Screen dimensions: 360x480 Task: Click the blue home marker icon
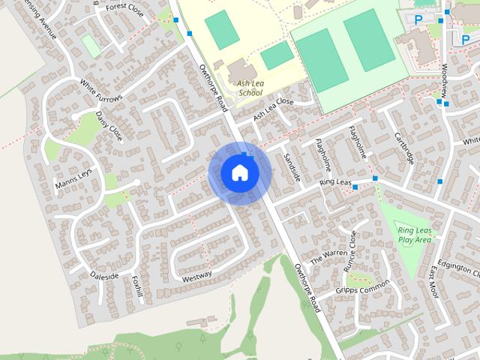(239, 172)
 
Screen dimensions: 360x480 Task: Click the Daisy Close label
(109, 125)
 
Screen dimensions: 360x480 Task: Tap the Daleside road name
(105, 276)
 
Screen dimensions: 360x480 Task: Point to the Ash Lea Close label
(273, 109)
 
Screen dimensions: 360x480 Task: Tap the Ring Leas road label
(335, 182)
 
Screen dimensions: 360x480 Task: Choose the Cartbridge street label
(404, 148)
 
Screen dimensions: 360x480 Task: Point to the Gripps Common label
(364, 289)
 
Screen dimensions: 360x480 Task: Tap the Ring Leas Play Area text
(415, 235)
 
